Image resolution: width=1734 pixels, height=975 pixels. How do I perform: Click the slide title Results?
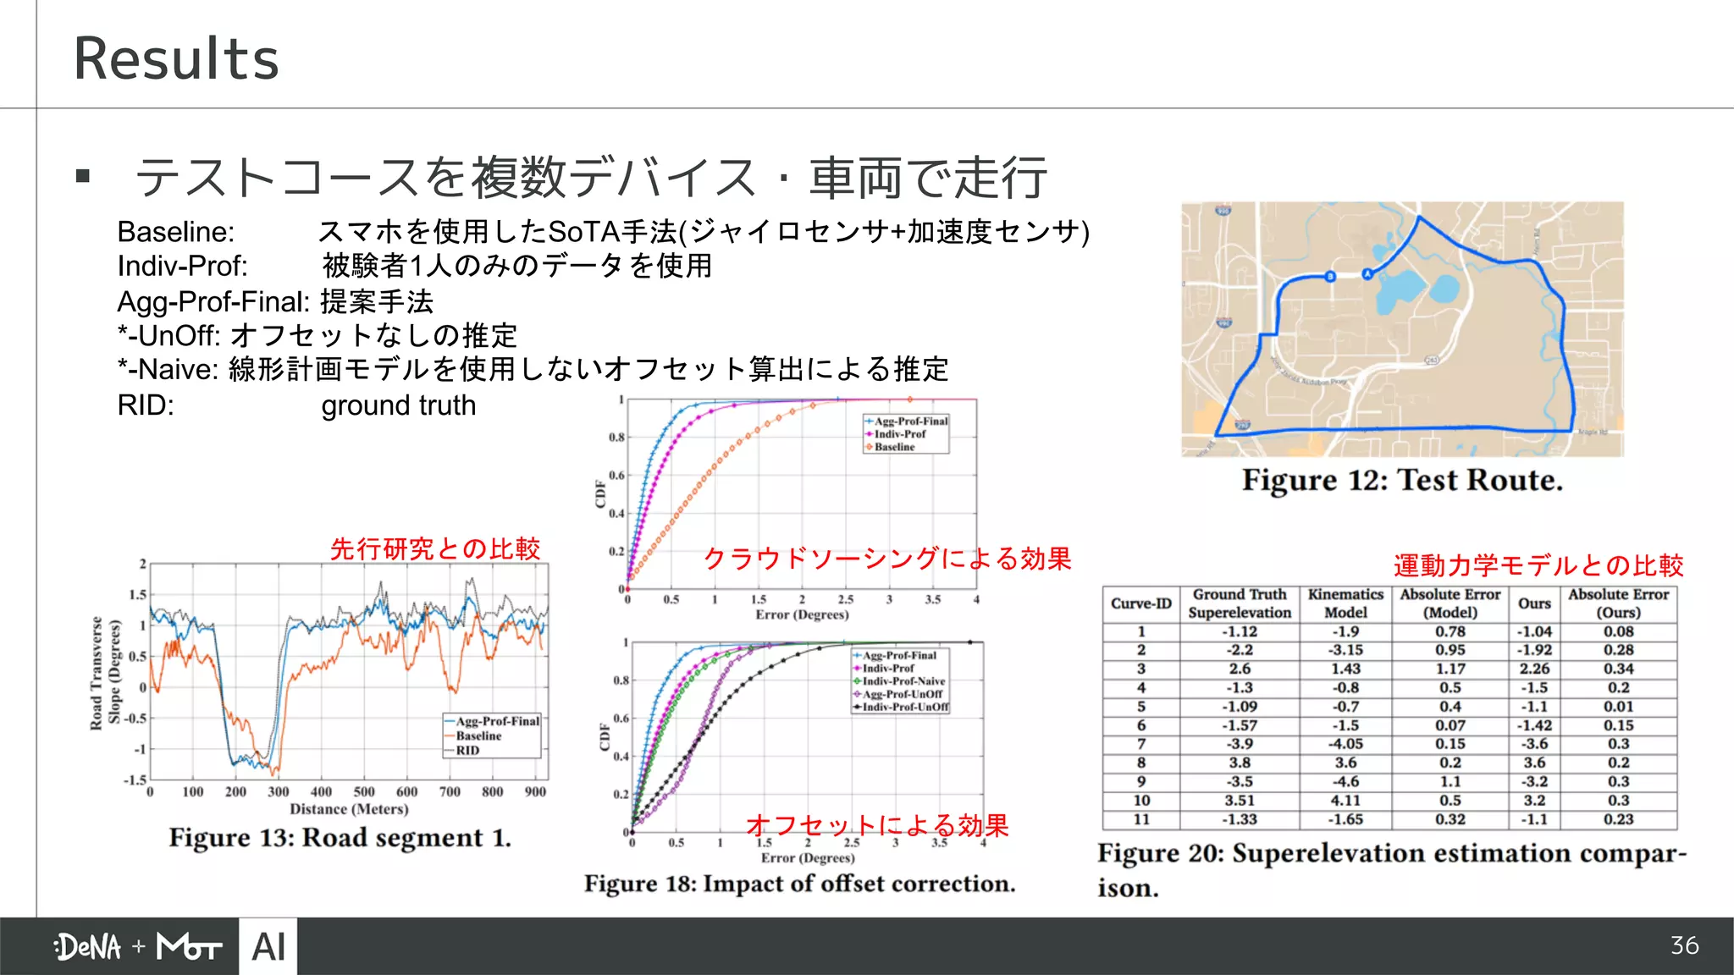(x=176, y=58)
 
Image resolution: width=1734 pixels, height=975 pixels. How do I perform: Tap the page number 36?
(x=1684, y=945)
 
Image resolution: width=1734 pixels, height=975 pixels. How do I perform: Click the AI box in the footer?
(x=268, y=946)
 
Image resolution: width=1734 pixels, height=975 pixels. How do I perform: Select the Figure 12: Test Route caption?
(x=1402, y=481)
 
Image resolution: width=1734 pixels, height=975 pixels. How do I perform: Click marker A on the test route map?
(x=1367, y=273)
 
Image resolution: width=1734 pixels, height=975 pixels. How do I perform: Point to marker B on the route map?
(x=1330, y=277)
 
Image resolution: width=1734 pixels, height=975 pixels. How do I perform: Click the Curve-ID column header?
(x=1140, y=603)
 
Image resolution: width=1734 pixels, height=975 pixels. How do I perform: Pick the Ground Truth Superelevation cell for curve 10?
(x=1239, y=800)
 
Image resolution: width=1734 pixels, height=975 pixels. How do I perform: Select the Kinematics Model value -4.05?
(x=1345, y=744)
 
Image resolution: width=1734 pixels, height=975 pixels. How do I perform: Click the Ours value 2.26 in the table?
(x=1534, y=669)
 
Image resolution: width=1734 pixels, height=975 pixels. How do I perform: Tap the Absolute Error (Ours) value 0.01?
(x=1618, y=707)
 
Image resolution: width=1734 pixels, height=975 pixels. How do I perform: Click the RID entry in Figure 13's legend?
(x=467, y=751)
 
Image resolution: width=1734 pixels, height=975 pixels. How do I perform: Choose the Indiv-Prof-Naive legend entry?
(x=903, y=680)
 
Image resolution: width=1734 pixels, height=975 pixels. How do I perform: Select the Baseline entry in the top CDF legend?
(x=894, y=447)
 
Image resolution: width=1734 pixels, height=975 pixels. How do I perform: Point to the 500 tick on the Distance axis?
(x=364, y=792)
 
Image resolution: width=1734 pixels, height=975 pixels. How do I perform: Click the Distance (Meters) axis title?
(x=349, y=809)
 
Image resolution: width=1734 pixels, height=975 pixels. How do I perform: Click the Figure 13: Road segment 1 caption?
(x=340, y=838)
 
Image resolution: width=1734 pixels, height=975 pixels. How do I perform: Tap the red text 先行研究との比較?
(x=435, y=548)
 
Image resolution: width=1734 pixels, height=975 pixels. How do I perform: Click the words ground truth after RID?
(x=398, y=405)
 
